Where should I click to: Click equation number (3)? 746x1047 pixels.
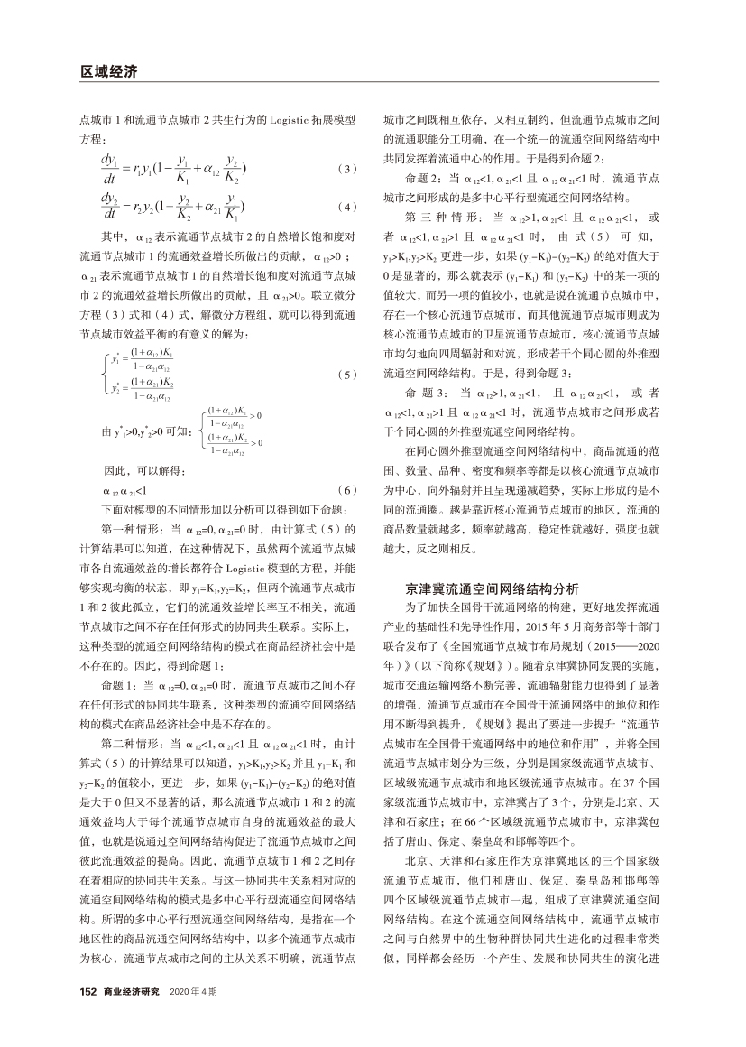346,169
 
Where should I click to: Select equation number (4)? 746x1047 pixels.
346,208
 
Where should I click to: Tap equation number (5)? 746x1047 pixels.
346,373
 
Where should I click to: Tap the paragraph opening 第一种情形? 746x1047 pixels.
131,529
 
